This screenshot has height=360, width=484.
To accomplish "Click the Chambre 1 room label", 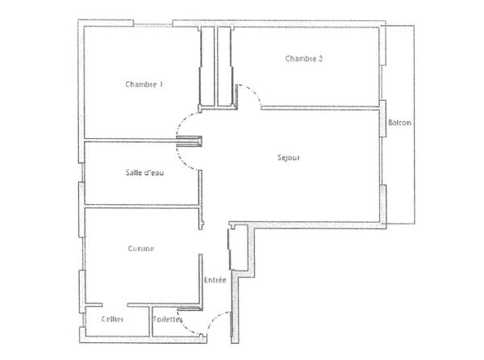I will click(144, 84).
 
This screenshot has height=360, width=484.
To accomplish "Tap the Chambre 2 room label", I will click(304, 58).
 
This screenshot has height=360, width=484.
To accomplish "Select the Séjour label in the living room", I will click(288, 158).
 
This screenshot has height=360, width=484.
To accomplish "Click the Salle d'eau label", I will click(144, 173).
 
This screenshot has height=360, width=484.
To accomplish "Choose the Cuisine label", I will click(141, 249).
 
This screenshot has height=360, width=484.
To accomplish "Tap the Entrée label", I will click(215, 280).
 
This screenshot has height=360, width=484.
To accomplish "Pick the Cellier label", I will click(112, 320).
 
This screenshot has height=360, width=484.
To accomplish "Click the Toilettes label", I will click(168, 320).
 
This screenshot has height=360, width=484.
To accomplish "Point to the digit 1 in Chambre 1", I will click(161, 84).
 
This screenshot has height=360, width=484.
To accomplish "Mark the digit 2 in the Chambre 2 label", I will click(321, 58).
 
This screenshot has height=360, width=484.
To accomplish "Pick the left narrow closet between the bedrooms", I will click(207, 65).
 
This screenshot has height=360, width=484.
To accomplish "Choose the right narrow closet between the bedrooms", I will click(225, 65).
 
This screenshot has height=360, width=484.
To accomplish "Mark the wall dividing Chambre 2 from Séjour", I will click(319, 106).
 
